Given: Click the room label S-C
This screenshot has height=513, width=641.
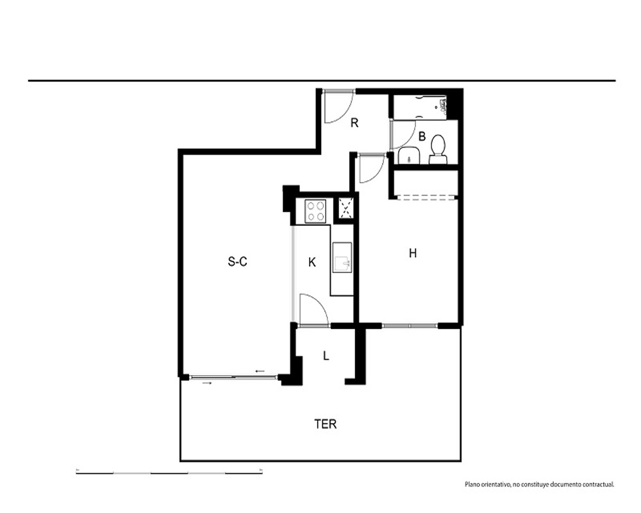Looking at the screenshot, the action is click(238, 262).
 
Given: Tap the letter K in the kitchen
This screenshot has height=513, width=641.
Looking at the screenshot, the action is click(312, 262).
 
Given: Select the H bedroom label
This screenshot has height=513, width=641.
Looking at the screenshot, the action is click(413, 253).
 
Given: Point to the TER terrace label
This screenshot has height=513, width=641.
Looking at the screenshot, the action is click(326, 425).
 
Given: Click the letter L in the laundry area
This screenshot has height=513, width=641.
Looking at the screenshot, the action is click(326, 356).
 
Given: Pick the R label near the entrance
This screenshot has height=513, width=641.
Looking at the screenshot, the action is click(354, 122).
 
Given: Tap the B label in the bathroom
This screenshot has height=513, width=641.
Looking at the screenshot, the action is click(422, 136).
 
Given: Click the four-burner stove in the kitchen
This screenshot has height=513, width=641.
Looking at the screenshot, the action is click(315, 211).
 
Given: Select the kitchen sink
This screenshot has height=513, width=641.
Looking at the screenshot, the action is click(342, 257).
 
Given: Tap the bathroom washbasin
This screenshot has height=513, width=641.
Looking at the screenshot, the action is click(409, 156).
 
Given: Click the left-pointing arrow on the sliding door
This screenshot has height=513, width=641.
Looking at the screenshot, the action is click(260, 371).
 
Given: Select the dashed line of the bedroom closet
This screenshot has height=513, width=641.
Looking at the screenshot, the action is click(426, 198).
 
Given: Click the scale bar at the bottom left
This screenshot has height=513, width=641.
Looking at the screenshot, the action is click(169, 473).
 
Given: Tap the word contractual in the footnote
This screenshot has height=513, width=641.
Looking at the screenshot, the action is click(599, 484).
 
